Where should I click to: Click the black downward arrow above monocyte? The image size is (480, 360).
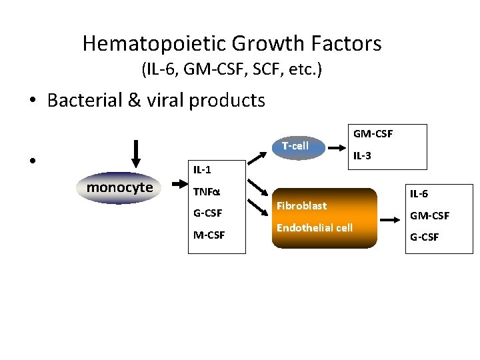tap(136, 154)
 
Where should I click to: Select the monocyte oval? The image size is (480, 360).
tap(120, 187)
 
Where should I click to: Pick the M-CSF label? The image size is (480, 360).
tap(208, 235)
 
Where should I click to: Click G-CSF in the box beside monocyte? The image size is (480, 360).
tap(207, 213)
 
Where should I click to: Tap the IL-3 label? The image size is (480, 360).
tap(362, 156)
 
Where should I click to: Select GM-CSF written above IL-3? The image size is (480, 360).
tap(373, 134)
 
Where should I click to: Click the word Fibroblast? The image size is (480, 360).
tap(301, 206)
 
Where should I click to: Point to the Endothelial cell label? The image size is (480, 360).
tap(314, 228)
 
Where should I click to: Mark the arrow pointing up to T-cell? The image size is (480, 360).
tap(259, 157)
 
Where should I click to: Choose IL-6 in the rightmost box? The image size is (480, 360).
tap(419, 194)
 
